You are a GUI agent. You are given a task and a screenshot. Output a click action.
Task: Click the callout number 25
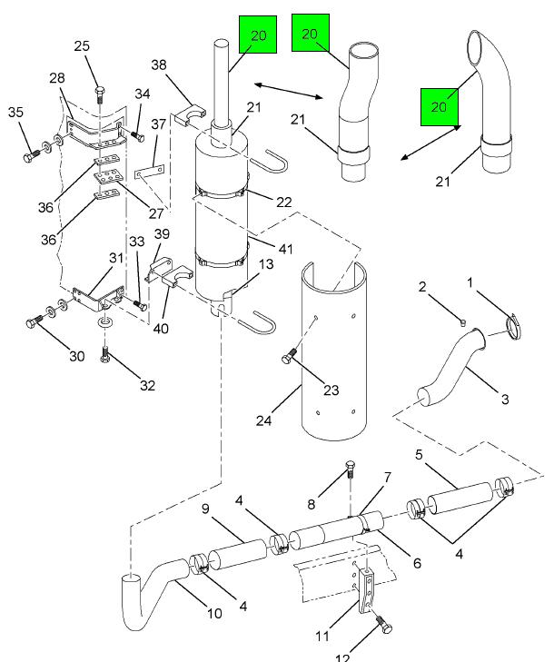tap(82, 45)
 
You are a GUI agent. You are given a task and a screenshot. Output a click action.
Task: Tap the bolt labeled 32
tap(105, 354)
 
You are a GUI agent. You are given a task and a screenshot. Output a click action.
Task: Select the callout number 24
tap(264, 420)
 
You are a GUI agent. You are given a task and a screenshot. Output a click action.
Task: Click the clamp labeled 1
tap(513, 326)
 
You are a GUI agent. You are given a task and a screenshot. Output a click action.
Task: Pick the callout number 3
tap(505, 399)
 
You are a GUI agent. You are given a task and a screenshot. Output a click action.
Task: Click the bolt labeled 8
tap(351, 468)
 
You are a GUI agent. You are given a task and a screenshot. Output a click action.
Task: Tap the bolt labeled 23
tap(289, 356)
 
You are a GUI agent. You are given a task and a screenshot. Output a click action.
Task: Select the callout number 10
tap(214, 613)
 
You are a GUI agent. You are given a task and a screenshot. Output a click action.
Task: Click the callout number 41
tap(286, 249)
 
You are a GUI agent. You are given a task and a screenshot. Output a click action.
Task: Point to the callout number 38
tap(159, 64)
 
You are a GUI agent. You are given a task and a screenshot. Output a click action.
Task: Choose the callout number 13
tap(266, 264)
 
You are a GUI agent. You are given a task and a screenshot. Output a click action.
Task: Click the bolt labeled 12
tap(384, 624)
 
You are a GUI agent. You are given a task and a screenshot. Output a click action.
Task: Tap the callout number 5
tap(419, 455)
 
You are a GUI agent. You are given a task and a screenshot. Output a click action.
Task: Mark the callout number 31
tap(116, 258)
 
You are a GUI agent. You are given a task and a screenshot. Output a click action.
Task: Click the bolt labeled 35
tap(31, 157)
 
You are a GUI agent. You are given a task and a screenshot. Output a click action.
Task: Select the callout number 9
tap(205, 509)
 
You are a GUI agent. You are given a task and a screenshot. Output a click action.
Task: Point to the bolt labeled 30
tap(35, 322)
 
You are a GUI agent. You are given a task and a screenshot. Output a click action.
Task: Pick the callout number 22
tap(283, 202)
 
